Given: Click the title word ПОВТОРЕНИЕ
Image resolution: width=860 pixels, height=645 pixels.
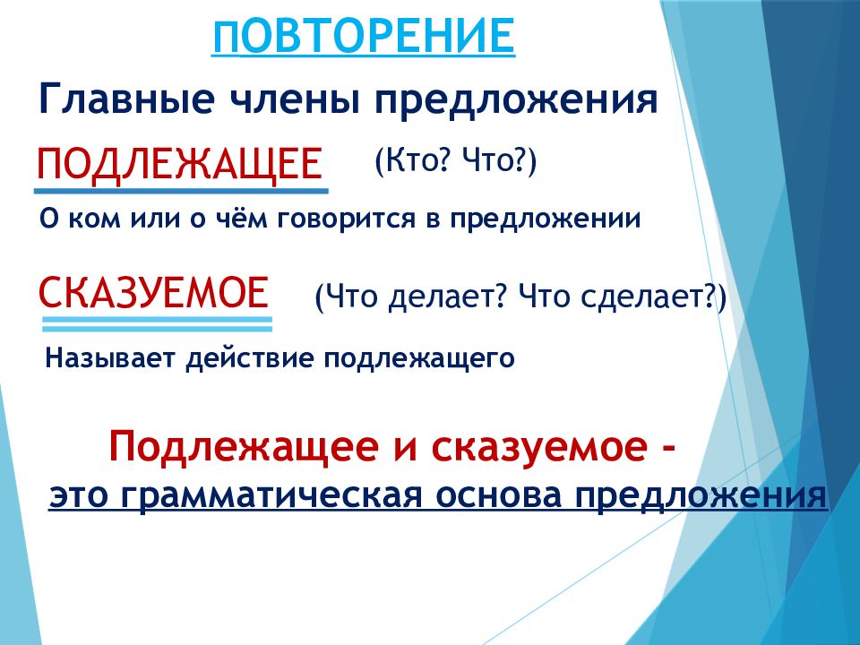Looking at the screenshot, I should [363, 37].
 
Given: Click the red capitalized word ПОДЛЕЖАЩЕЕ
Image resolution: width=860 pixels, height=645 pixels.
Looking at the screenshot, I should [179, 164].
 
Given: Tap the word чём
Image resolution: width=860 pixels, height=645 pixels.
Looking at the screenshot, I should [244, 220].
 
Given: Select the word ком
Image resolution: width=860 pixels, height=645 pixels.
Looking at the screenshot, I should [84, 220].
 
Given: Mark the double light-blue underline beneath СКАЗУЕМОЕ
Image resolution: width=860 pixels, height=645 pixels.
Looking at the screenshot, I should [158, 322].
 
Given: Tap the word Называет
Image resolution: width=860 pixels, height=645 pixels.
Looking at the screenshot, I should [111, 359].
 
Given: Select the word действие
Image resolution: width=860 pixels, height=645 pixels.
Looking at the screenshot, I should [250, 359].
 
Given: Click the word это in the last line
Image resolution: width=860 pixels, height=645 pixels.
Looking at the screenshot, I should [80, 494].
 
